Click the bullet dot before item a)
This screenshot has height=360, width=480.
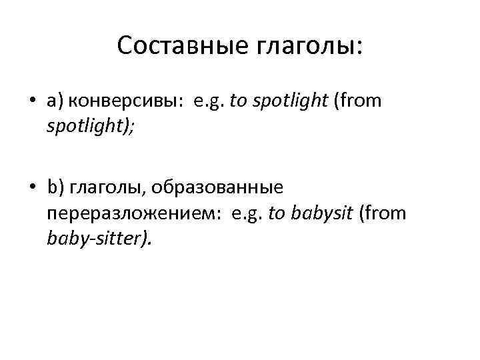[x=32, y=101]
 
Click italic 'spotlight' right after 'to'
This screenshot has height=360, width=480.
[x=288, y=102]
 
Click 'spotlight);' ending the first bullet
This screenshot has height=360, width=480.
[x=91, y=126]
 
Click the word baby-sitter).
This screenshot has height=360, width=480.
[x=100, y=239]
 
